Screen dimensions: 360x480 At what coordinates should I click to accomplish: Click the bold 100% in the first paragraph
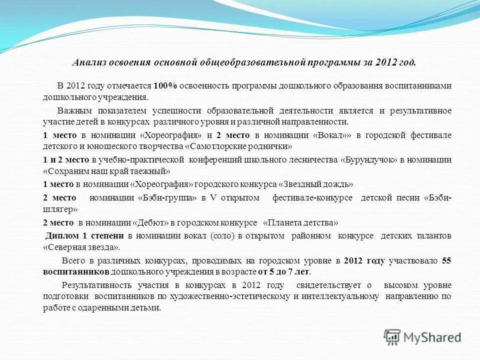[165, 85]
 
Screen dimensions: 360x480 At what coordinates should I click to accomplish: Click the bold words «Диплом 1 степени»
[85, 235]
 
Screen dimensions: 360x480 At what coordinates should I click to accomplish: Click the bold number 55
[446, 261]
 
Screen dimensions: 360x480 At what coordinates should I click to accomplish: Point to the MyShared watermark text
[433, 338]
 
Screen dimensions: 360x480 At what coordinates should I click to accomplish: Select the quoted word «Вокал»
[332, 135]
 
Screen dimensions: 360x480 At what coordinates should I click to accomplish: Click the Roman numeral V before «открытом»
[212, 198]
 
